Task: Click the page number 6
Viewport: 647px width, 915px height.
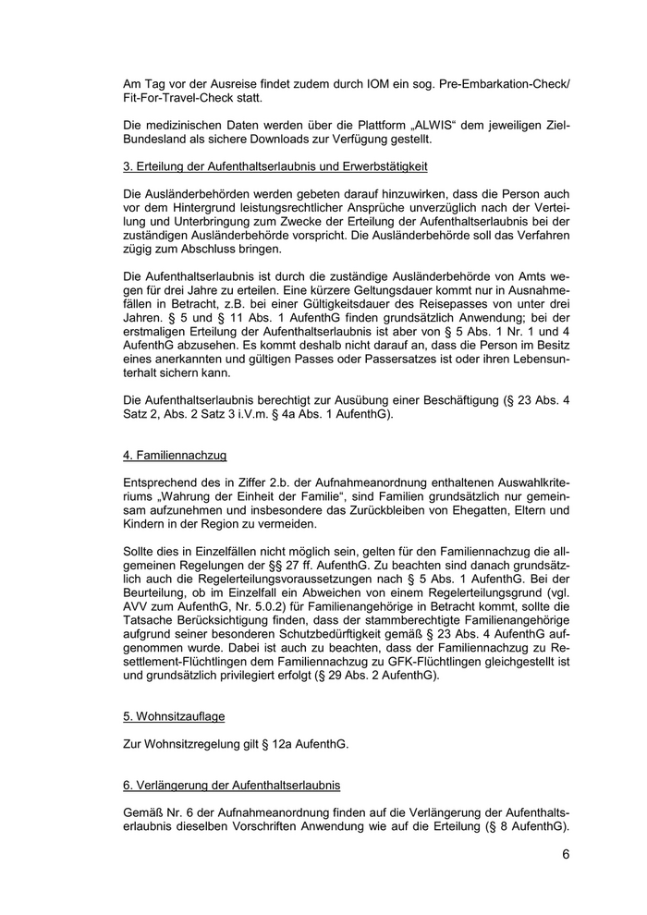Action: click(x=565, y=853)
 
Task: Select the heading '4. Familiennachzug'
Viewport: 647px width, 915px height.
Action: click(x=175, y=456)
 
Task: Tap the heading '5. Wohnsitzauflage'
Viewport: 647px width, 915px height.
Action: click(x=174, y=715)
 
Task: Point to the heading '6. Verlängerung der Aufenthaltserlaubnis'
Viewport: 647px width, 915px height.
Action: click(x=232, y=785)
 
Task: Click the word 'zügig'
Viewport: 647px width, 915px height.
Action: click(x=140, y=250)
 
